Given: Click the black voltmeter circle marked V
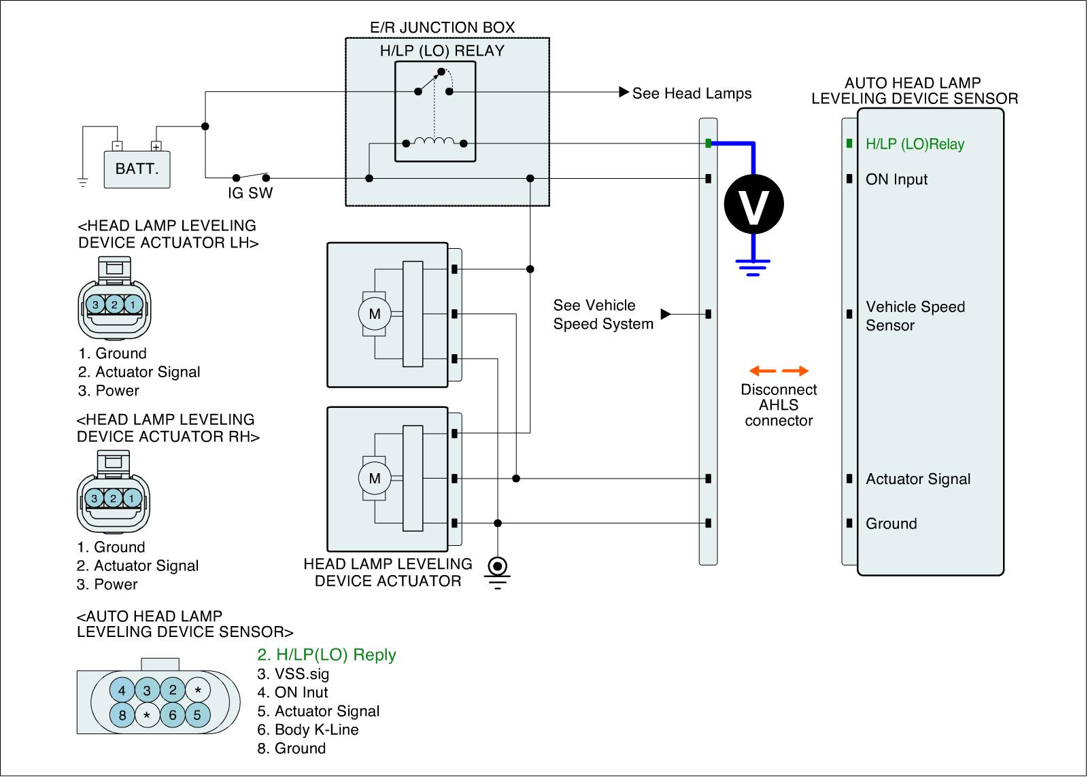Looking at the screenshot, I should coord(753,204).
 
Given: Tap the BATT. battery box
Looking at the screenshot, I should coord(137,168).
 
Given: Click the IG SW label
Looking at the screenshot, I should coord(250,194).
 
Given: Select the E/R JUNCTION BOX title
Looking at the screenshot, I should coord(442,28).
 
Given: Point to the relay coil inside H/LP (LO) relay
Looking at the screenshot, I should coord(435,142).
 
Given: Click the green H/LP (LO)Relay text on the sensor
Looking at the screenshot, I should coord(915,144).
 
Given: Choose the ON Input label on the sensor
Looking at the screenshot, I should coord(896,179).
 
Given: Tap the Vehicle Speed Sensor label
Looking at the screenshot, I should coord(915,316).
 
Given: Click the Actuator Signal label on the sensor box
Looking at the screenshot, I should coord(918,479).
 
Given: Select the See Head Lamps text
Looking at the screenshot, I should coord(692,94).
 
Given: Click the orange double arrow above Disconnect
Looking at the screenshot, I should coord(779,371).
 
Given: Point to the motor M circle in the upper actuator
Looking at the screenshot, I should coord(375,314).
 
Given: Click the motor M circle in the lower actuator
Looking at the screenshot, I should coord(375,479).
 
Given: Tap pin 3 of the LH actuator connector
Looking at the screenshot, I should coord(96,305).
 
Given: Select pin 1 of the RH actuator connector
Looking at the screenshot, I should coord(131,498).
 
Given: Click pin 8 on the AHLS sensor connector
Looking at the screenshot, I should coord(122,715).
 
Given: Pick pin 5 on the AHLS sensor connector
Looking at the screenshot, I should coord(197,715).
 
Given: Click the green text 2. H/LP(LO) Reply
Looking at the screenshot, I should coord(326,655).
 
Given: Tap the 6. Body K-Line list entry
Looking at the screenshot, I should coord(307,730).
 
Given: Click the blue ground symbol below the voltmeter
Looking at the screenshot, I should coord(753,268).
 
